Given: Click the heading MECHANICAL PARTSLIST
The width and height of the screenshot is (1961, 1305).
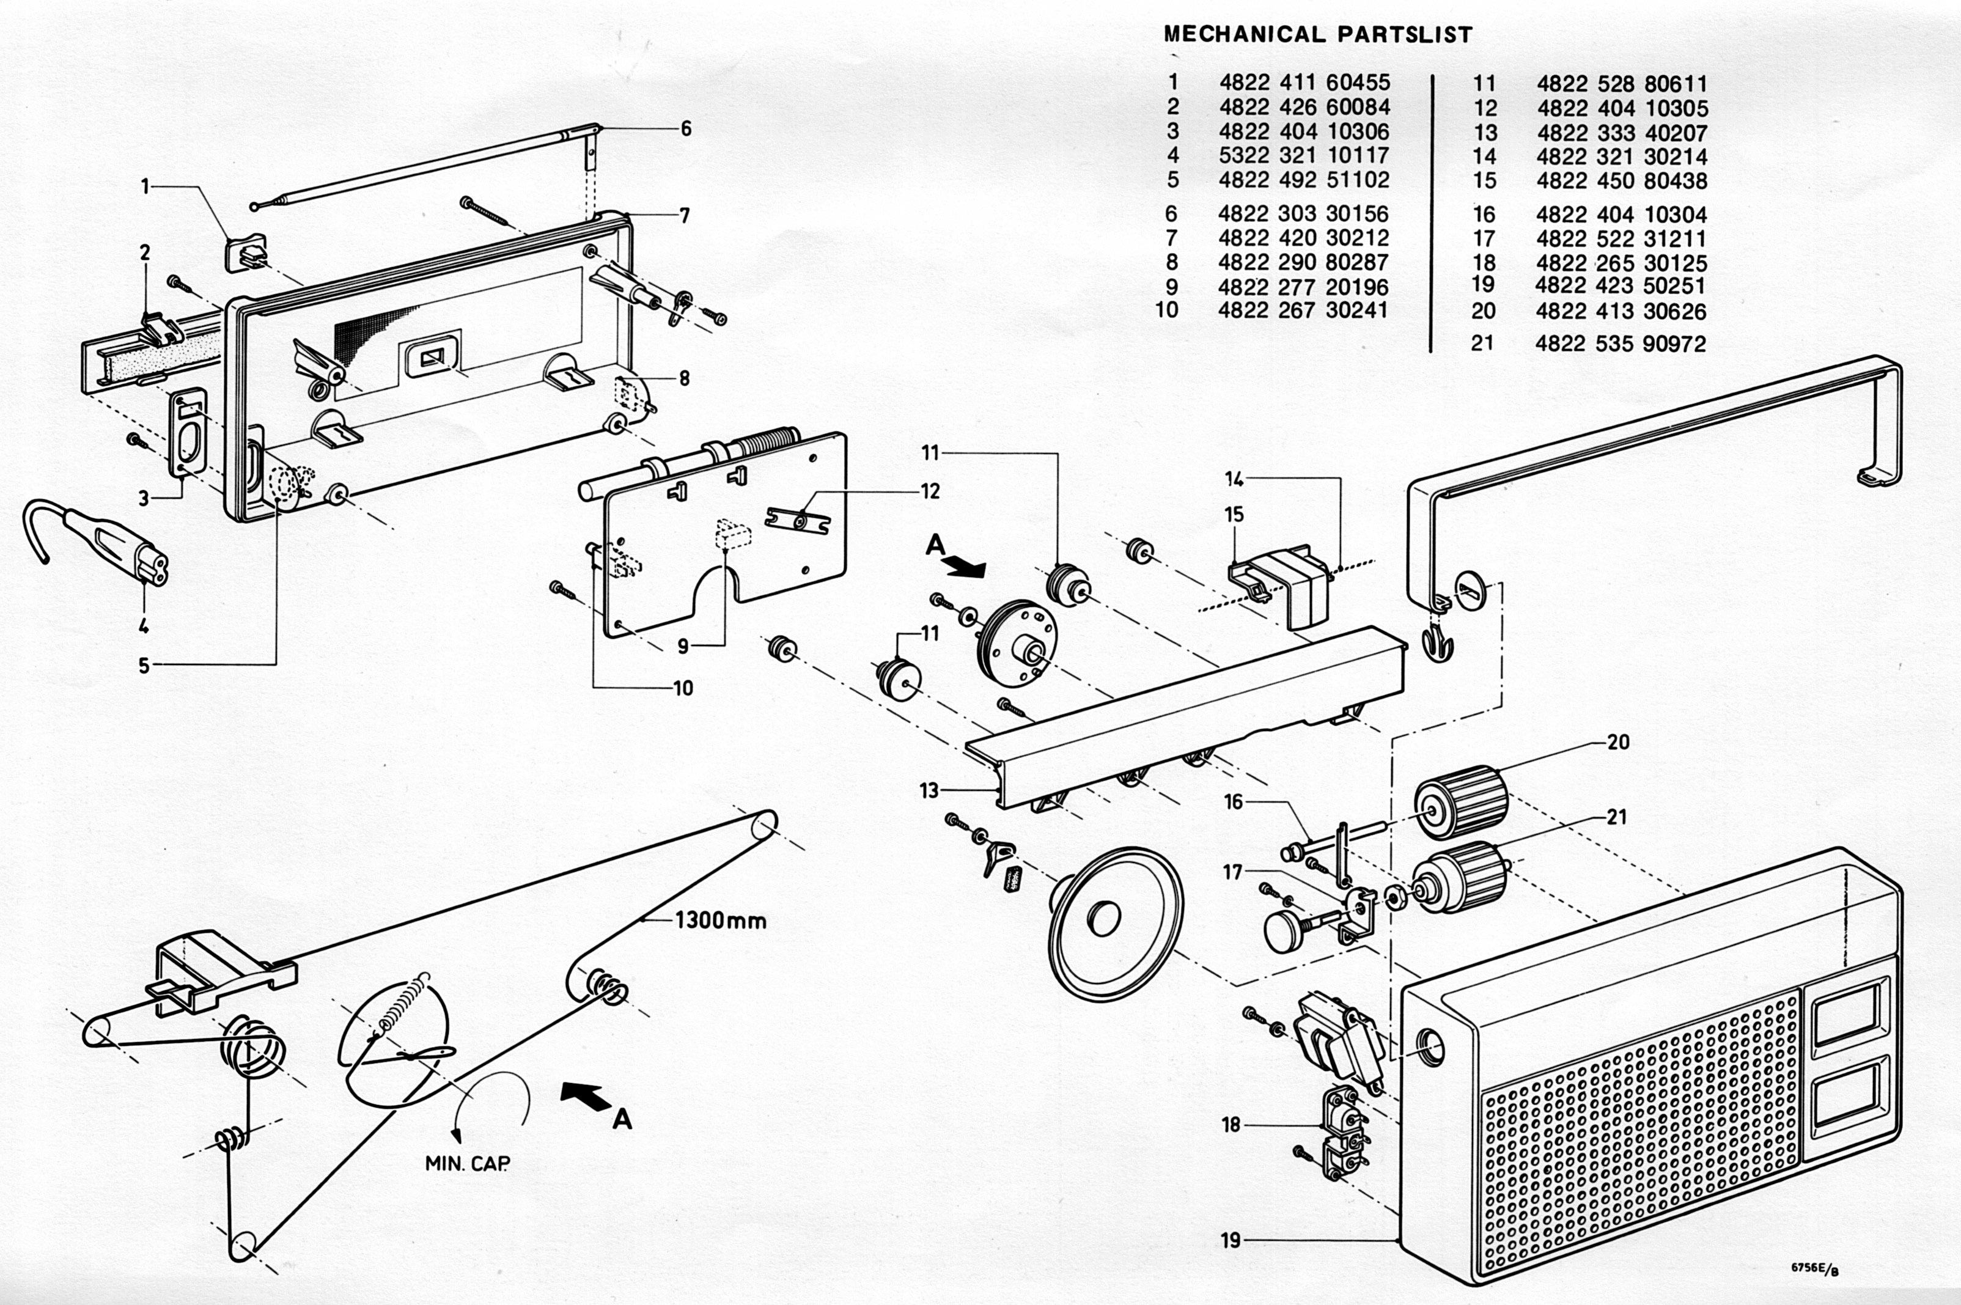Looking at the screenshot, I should pyautogui.click(x=1317, y=35).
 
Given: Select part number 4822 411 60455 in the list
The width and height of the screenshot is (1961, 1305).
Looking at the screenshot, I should pyautogui.click(x=1304, y=83).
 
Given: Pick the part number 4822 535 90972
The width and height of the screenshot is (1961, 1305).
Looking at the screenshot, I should pyautogui.click(x=1621, y=344).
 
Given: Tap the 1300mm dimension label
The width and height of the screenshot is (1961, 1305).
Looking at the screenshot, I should pyautogui.click(x=720, y=921).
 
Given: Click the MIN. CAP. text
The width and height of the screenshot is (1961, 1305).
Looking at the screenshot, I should pyautogui.click(x=467, y=1164).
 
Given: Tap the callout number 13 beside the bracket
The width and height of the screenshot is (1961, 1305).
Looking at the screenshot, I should pyautogui.click(x=929, y=790).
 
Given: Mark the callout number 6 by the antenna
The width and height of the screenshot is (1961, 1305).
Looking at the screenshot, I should pyautogui.click(x=686, y=129).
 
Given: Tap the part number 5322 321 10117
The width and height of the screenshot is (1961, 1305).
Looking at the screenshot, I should pyautogui.click(x=1304, y=155).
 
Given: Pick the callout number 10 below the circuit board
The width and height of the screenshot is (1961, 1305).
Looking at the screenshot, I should pyautogui.click(x=683, y=688).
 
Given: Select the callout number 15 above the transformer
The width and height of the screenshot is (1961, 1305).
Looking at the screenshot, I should pyautogui.click(x=1234, y=514).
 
